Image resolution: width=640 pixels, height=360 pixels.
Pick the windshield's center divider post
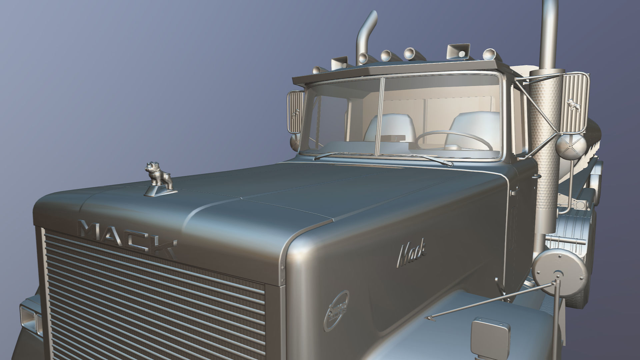pos(380,117)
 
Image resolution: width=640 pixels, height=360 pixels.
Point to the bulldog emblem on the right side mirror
pos(573,106)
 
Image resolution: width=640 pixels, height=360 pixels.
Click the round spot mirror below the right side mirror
pos(570,147)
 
